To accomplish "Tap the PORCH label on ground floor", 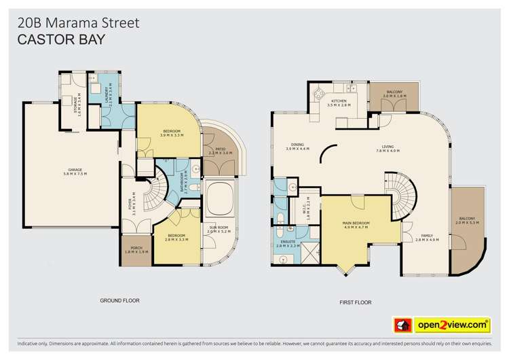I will (x=136, y=249).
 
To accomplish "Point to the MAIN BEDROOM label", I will (x=356, y=226).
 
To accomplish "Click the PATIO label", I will (x=220, y=149).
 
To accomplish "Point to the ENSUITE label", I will (x=287, y=242).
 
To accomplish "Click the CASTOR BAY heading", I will (x=61, y=40).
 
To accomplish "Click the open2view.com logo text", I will (x=458, y=325).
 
